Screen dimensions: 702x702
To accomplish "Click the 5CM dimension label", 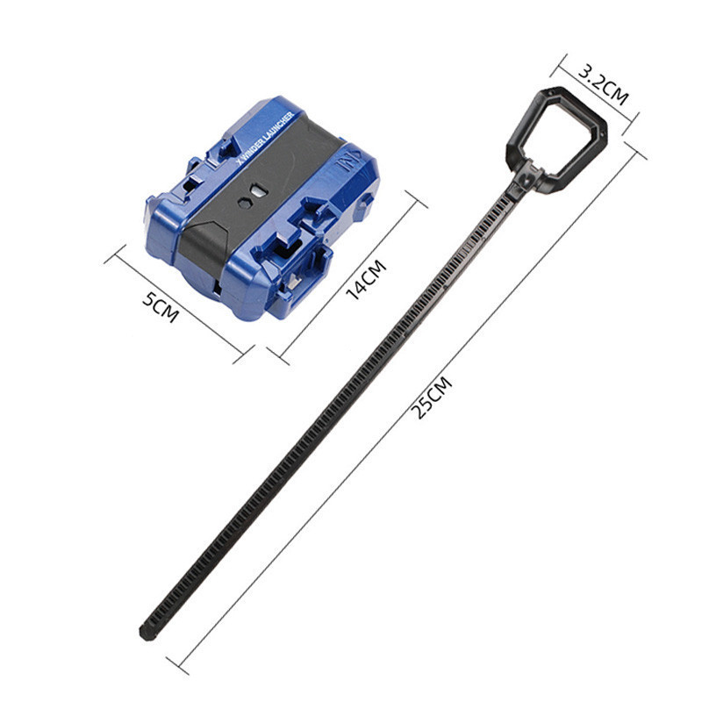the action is point(161,307).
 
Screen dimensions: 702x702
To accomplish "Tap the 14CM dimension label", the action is point(366,279).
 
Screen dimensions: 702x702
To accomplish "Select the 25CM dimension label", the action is point(432,398).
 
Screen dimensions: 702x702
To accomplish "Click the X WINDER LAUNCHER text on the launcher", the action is point(265,139).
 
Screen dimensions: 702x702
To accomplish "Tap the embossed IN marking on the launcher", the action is point(344,163).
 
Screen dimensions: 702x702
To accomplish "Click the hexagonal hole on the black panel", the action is point(245,202).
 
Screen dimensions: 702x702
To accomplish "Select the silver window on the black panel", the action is point(258,190).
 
